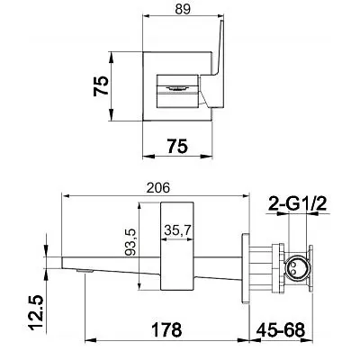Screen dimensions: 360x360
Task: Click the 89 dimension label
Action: [183, 9]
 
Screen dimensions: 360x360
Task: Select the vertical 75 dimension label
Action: [101, 85]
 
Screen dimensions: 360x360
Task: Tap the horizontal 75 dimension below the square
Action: [177, 147]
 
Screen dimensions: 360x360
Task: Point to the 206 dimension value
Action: [158, 188]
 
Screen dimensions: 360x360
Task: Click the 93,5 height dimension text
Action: [130, 242]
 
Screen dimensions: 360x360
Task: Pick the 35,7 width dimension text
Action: [178, 230]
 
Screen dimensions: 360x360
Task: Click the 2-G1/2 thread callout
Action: [297, 204]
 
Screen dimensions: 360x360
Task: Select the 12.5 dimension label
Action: [37, 312]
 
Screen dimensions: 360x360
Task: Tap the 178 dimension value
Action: [166, 329]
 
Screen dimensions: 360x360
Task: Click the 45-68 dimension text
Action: [281, 329]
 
